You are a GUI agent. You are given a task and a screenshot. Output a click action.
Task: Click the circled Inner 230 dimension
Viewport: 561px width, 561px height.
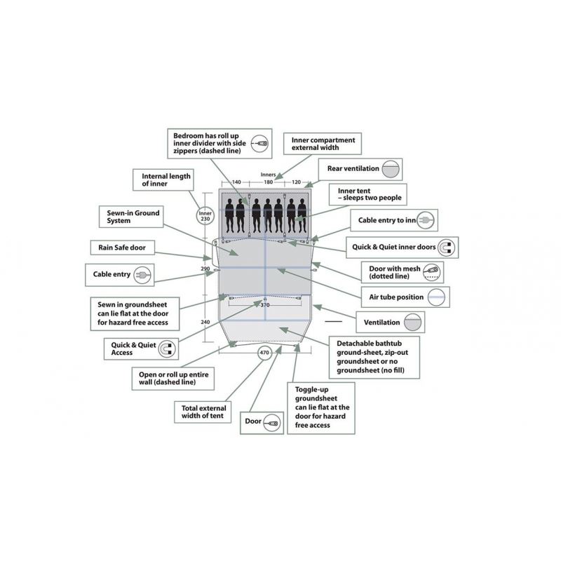tap(205, 216)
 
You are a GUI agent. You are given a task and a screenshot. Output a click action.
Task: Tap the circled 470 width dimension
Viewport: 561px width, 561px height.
tap(264, 353)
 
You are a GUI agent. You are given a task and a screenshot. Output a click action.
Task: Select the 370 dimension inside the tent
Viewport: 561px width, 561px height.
tap(265, 305)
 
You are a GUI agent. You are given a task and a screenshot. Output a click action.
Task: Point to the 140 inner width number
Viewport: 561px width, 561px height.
tap(236, 182)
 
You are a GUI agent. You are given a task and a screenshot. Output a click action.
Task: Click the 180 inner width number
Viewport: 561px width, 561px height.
tap(269, 182)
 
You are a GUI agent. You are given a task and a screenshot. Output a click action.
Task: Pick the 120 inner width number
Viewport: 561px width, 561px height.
tap(296, 182)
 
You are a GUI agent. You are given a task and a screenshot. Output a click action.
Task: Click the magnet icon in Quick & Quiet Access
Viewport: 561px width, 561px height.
tap(167, 349)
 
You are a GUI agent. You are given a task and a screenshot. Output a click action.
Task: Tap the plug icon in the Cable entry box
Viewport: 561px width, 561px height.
tap(142, 275)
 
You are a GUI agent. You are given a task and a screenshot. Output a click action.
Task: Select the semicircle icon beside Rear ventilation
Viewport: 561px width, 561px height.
tap(391, 169)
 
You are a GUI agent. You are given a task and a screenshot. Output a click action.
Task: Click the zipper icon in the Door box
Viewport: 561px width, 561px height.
tap(271, 424)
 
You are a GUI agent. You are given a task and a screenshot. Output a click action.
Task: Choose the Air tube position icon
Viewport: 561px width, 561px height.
tap(436, 297)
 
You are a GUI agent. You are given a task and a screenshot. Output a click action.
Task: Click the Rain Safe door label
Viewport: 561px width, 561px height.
tap(122, 248)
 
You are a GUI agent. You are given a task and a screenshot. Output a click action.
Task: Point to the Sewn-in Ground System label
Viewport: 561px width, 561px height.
tap(131, 217)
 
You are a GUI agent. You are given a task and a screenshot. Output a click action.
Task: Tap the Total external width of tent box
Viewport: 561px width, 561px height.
tap(203, 412)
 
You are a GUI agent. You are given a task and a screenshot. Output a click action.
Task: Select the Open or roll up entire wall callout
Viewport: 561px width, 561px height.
tap(173, 379)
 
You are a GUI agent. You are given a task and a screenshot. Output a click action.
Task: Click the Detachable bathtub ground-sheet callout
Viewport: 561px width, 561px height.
tap(374, 357)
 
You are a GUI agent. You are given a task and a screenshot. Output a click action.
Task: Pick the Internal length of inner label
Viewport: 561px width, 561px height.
tap(163, 180)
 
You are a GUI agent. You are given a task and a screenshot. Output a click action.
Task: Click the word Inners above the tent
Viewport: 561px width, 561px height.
tap(269, 175)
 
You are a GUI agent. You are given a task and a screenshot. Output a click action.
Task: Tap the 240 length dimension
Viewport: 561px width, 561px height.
tap(205, 322)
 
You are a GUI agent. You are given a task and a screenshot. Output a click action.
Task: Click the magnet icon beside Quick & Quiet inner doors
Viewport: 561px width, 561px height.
tap(446, 248)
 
